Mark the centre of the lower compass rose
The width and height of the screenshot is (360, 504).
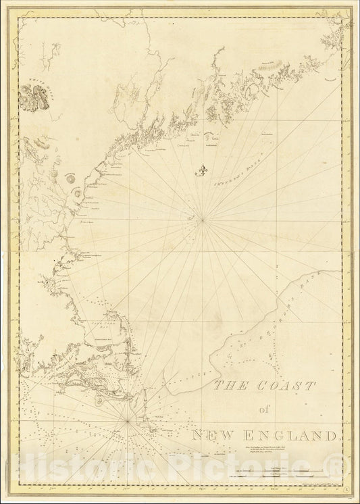[128, 421]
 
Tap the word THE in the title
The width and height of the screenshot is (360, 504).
[227, 386]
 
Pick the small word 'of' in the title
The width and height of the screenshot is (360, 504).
[263, 409]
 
